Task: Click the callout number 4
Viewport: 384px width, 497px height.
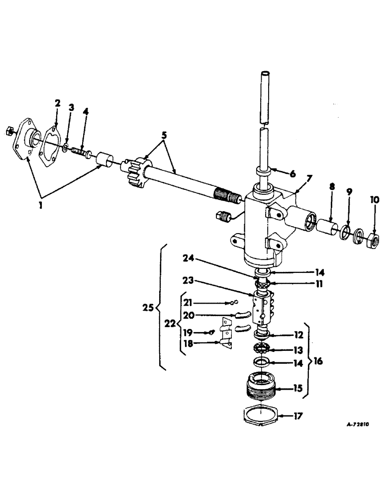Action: coord(85,112)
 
